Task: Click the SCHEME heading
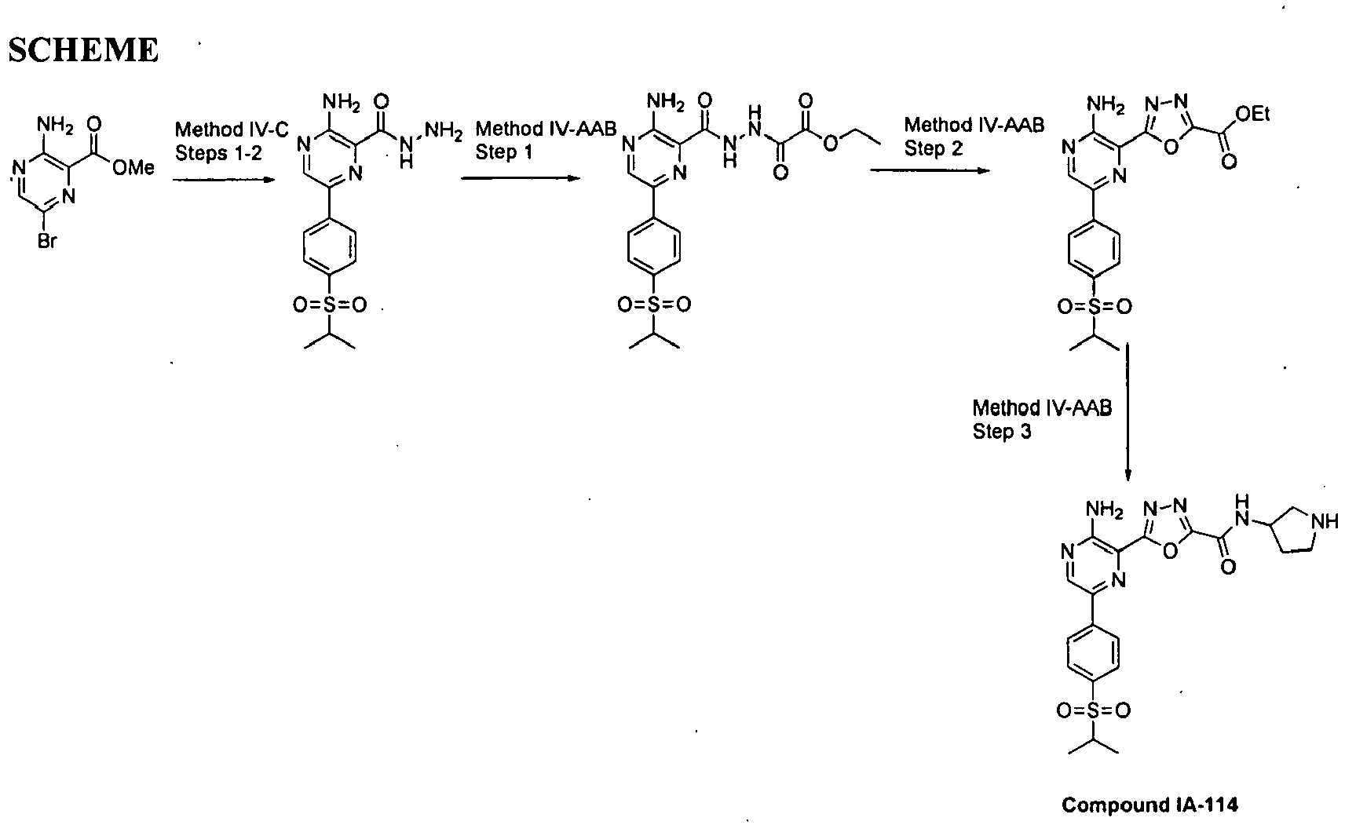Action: pyautogui.click(x=83, y=49)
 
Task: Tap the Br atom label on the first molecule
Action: pyautogui.click(x=47, y=241)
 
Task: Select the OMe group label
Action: pyautogui.click(x=133, y=167)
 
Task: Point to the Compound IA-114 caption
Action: pyautogui.click(x=1149, y=805)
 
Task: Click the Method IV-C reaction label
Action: pyautogui.click(x=232, y=130)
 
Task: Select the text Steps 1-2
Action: pyautogui.click(x=218, y=153)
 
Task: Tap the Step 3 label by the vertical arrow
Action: pyautogui.click(x=1002, y=432)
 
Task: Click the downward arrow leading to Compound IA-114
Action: pyautogui.click(x=1127, y=412)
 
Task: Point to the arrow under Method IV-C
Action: pyautogui.click(x=223, y=180)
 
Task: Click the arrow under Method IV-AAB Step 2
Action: pyautogui.click(x=930, y=170)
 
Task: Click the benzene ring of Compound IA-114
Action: pyautogui.click(x=1093, y=652)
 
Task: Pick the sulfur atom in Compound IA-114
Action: pyautogui.click(x=1093, y=710)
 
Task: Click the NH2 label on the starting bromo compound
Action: pyautogui.click(x=55, y=125)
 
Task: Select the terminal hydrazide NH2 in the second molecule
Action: pyautogui.click(x=443, y=130)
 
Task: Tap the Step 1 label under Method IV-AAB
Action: pyautogui.click(x=504, y=152)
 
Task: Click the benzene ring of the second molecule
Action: pyautogui.click(x=330, y=246)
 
